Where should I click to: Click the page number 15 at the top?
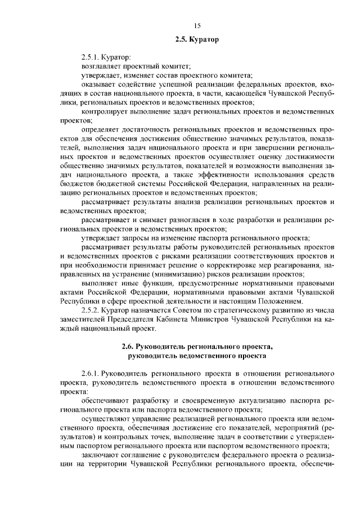pos(197,25)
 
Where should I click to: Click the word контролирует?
pos(105,112)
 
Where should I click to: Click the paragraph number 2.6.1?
pos(91,373)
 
